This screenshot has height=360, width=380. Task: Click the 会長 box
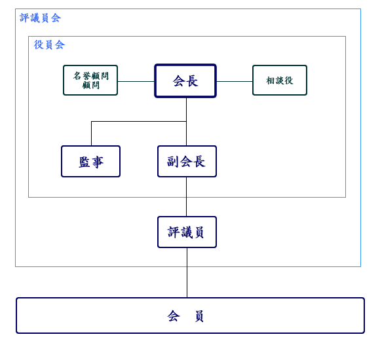coord(185,81)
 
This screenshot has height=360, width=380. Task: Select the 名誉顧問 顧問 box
coord(90,80)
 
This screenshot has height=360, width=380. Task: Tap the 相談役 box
coord(280,80)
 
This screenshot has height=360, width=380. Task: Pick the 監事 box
coord(90,161)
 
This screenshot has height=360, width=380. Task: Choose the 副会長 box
coord(187,161)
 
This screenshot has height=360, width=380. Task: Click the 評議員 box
coord(187,232)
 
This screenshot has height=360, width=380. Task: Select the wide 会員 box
coord(190,315)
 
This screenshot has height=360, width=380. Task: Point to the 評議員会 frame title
coord(40,18)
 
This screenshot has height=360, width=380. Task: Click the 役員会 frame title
coord(49,45)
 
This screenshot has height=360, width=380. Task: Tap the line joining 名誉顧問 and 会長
coord(136,81)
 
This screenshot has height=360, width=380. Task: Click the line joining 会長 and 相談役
coord(235,81)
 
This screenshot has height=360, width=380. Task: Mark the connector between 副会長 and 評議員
coord(186,196)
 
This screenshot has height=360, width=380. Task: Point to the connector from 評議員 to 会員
coord(187,273)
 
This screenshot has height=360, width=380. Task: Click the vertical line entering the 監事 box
coord(91,134)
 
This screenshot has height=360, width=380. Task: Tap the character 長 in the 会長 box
coord(193,81)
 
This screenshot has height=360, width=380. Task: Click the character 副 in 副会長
coord(173,162)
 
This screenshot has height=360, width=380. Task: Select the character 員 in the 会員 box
coord(199,316)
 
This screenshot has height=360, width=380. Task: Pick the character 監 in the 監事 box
coord(85,162)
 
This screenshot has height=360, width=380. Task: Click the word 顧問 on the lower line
coord(90,85)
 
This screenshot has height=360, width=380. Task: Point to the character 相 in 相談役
coord(271,81)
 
